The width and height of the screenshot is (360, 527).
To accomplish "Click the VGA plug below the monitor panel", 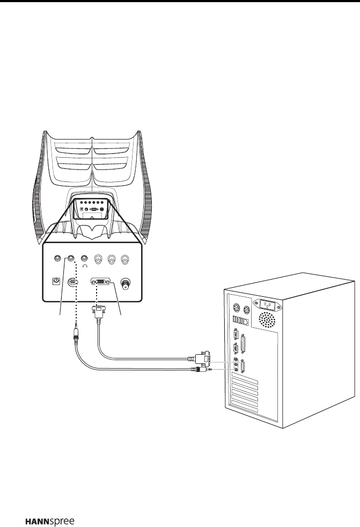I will point(98,312).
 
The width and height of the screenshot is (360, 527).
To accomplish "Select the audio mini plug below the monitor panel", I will point(77,338).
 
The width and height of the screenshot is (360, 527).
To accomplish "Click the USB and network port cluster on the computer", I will point(239,321).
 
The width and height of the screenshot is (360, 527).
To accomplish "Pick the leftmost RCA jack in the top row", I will point(98,259).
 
